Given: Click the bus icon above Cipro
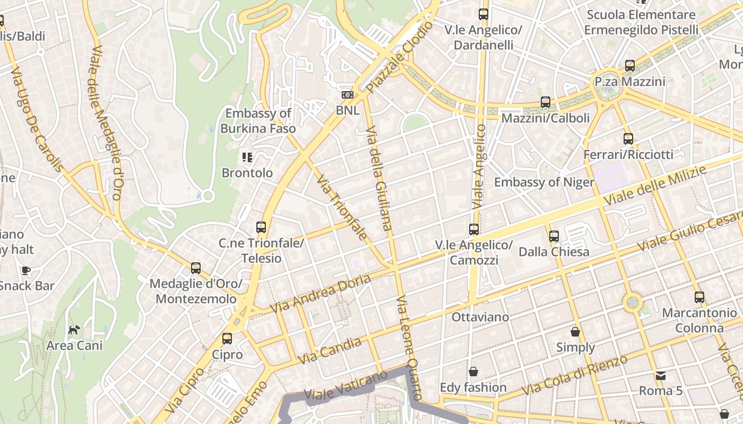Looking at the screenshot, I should [227, 338].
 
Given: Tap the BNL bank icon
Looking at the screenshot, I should [348, 95].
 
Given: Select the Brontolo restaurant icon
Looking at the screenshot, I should [247, 157].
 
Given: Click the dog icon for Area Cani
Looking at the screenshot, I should [74, 330].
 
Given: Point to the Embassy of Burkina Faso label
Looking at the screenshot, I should [258, 121].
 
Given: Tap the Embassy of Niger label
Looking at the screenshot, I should [544, 182].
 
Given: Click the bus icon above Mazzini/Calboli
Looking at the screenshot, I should [546, 102].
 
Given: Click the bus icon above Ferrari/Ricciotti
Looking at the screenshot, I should [628, 139].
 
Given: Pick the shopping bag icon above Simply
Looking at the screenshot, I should [575, 332].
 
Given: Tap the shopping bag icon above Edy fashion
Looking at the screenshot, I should [473, 372].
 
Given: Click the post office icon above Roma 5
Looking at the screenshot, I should [660, 375].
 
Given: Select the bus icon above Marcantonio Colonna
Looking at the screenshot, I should [699, 297].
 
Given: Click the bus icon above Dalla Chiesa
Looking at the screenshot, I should [554, 236].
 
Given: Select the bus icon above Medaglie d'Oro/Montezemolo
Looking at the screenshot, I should [196, 268].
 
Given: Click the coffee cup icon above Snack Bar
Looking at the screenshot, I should [25, 271].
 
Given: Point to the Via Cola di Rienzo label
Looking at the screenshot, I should [574, 375].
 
